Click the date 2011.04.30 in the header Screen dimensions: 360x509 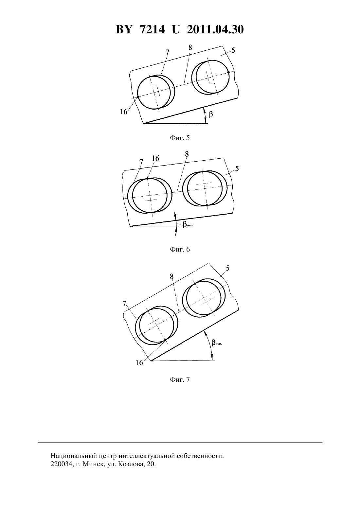[215, 29]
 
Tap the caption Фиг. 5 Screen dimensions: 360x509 [180, 138]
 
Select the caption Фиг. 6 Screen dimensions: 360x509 [180, 249]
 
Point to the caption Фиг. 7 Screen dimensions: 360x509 [180, 379]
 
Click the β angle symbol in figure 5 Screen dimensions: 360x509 [211, 114]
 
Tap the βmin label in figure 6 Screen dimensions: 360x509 [188, 225]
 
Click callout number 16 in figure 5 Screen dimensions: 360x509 [124, 112]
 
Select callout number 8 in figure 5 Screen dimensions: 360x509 [190, 47]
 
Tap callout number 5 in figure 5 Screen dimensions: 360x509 [233, 50]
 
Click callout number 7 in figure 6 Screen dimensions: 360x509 [141, 162]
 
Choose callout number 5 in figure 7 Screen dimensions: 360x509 [227, 268]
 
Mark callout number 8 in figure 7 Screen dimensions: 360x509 [171, 276]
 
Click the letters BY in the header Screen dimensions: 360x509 [124, 29]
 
